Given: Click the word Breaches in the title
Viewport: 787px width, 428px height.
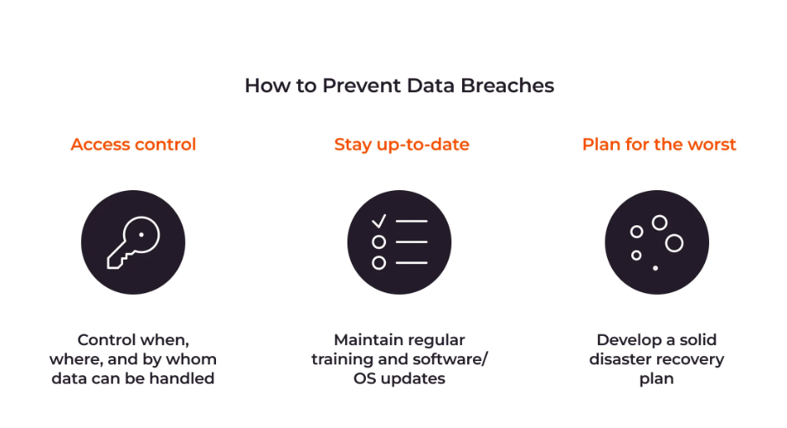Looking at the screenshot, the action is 507,86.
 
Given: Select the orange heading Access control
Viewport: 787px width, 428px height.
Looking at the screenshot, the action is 133,145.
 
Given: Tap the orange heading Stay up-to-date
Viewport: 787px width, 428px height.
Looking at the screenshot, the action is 402,145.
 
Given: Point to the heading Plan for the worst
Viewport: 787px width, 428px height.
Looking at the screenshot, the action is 659,145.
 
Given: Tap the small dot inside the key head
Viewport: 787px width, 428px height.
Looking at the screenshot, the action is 141,235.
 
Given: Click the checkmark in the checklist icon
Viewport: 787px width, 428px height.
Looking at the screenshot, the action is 378,221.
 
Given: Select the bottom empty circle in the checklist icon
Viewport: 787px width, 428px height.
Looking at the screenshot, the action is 379,263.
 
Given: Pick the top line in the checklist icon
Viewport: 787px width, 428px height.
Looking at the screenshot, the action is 412,221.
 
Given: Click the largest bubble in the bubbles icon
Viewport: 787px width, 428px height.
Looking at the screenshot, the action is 674,243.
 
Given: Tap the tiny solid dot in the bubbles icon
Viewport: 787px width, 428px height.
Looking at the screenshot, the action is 655,268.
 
